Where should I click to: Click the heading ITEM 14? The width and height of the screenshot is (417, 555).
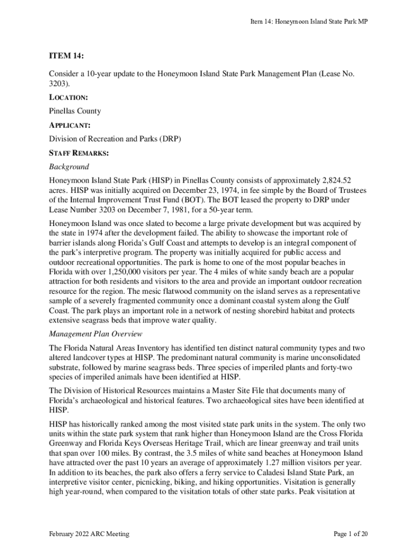(67, 56)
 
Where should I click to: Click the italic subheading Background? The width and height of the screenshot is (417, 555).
(69, 167)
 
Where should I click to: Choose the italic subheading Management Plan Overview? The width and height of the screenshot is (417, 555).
(96, 333)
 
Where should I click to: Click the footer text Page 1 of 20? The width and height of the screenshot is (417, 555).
(351, 534)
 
